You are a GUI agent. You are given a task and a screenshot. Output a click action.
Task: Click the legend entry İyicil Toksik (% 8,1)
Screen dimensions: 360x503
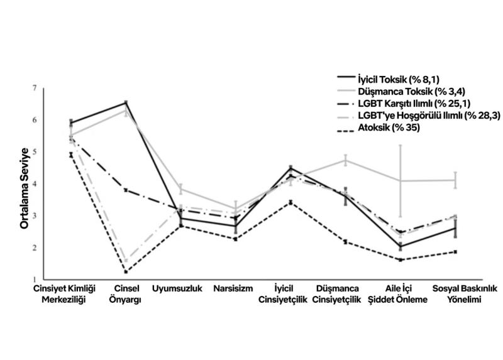397,80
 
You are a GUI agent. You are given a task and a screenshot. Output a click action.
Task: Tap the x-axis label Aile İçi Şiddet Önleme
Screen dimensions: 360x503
401,294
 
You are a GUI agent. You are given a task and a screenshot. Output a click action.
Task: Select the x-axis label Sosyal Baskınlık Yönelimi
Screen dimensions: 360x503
456,294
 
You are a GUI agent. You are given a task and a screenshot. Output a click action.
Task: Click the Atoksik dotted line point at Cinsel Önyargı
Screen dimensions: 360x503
126,272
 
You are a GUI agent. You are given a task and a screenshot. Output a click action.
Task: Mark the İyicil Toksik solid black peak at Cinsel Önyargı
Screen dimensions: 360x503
126,102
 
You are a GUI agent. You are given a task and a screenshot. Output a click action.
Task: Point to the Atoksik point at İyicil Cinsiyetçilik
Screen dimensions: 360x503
290,202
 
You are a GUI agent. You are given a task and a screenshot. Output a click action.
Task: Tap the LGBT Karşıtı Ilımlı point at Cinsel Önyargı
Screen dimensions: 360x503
126,190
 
